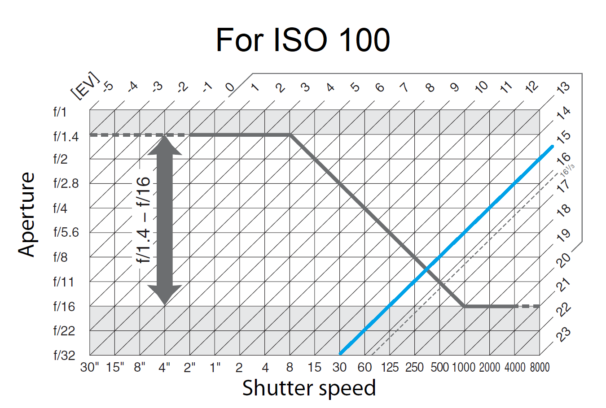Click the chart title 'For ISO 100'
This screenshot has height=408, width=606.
tap(303, 40)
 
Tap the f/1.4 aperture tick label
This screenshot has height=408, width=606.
tap(66, 136)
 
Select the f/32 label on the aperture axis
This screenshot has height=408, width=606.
tap(64, 356)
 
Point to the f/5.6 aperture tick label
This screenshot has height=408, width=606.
tap(66, 232)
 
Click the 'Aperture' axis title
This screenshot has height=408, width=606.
tap(27, 214)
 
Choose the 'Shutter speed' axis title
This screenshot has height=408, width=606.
tap(309, 388)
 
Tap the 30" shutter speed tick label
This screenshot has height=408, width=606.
tap(90, 368)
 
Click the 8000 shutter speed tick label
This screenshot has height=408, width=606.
tap(540, 368)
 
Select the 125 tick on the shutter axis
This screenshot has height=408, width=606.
tap(390, 368)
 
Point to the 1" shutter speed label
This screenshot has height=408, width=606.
tap(215, 368)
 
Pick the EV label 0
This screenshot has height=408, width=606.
tap(230, 87)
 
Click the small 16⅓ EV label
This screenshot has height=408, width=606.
tap(567, 169)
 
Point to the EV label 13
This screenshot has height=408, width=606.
tap(563, 88)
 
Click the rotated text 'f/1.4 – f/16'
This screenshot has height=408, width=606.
tap(143, 220)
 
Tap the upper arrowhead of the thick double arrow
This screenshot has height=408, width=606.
tap(165, 145)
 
